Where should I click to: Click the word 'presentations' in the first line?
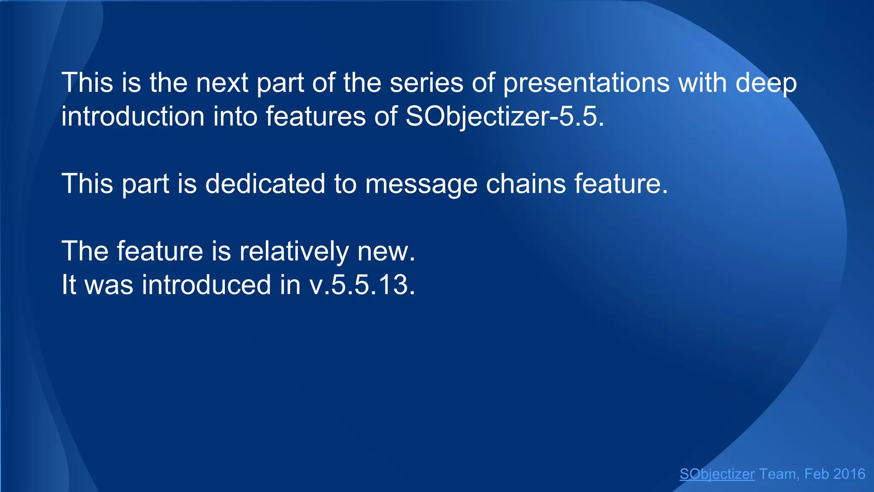click(586, 83)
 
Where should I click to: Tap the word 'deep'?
click(766, 83)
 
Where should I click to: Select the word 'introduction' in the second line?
click(133, 116)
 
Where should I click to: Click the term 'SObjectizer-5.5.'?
click(504, 116)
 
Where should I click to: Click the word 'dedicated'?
click(265, 184)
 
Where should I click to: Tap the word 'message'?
click(421, 184)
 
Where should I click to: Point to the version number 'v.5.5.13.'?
click(362, 285)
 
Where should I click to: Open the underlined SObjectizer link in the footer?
click(717, 474)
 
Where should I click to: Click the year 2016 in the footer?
click(849, 474)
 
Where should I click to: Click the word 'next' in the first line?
click(222, 83)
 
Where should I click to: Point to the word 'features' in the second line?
click(316, 116)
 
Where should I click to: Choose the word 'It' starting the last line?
click(69, 285)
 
